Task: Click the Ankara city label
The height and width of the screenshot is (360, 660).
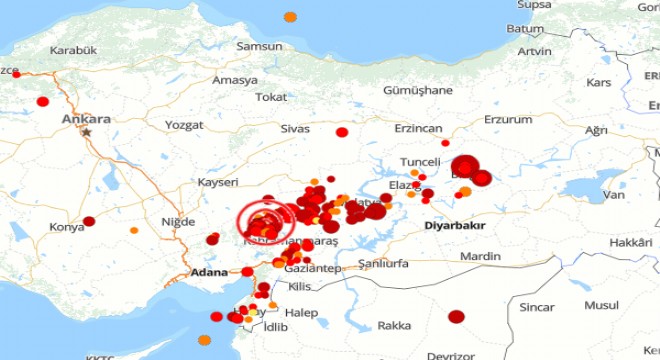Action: pyautogui.click(x=86, y=119)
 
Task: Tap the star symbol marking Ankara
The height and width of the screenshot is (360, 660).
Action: pyautogui.click(x=88, y=132)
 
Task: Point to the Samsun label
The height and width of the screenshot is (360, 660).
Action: pyautogui.click(x=259, y=46)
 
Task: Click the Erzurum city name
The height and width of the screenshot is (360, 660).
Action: pyautogui.click(x=508, y=119)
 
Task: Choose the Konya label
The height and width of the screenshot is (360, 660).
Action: pyautogui.click(x=67, y=227)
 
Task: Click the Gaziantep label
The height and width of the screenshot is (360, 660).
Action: pyautogui.click(x=312, y=269)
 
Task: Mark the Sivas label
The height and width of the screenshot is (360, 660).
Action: pyautogui.click(x=296, y=129)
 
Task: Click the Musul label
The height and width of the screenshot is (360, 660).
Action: pyautogui.click(x=602, y=305)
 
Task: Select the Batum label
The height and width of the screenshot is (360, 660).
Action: pyautogui.click(x=525, y=28)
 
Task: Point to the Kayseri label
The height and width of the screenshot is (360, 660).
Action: pyautogui.click(x=218, y=182)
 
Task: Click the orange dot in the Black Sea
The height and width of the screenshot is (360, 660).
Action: pyautogui.click(x=290, y=17)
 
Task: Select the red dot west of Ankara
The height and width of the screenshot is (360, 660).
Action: pyautogui.click(x=43, y=101)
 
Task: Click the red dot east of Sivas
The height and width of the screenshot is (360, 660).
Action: pyautogui.click(x=342, y=132)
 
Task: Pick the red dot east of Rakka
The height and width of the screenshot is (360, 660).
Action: pyautogui.click(x=456, y=317)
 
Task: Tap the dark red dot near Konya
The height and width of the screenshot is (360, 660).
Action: pyautogui.click(x=89, y=221)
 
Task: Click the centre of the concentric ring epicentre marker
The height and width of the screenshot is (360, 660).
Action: pyautogui.click(x=259, y=220)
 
